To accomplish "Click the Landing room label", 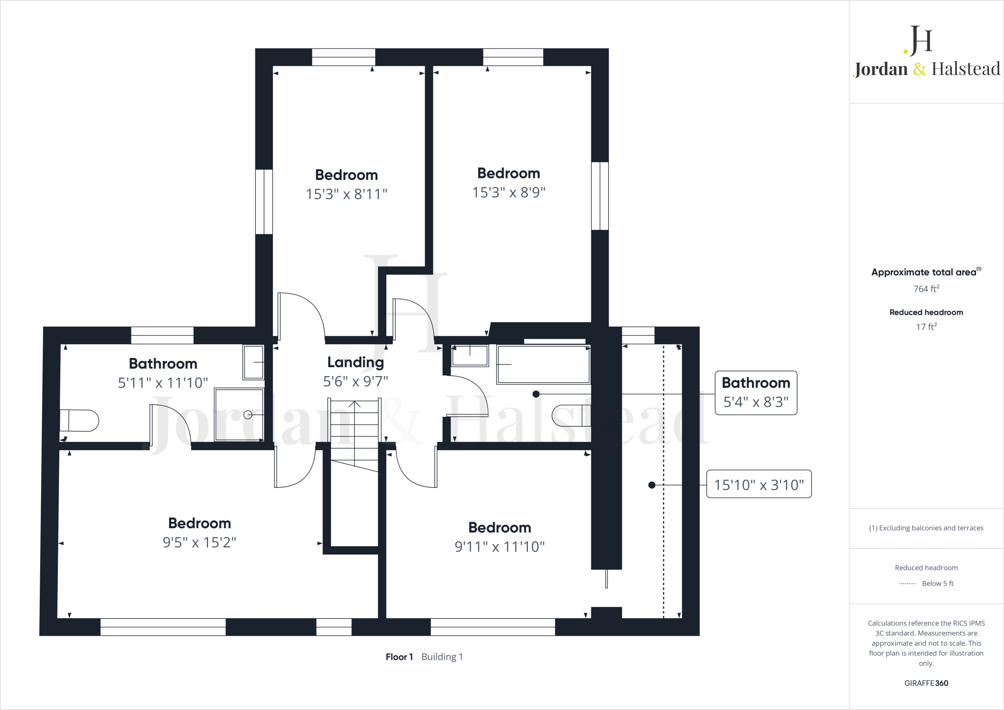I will coord(355,362).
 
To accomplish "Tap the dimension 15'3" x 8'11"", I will coord(346,194).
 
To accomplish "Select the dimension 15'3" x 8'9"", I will coord(508,192).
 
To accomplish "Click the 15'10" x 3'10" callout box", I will coord(758,484).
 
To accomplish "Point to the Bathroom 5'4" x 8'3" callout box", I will coord(755,393).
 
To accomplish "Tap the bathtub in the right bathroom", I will coord(543,364).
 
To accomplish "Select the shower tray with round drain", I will coord(239,415).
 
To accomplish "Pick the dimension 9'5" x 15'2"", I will coord(199,542).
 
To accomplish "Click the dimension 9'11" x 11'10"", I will coord(499,546).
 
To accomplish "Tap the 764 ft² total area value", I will coord(926,289).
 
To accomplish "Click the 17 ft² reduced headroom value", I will coord(926,327).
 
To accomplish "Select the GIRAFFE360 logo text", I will coord(926,683).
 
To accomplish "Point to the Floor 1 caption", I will coord(399,657).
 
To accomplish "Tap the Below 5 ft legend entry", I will coord(937,583).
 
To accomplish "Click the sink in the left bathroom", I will coord(253,362).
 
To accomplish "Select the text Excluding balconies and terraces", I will coord(930,528).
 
